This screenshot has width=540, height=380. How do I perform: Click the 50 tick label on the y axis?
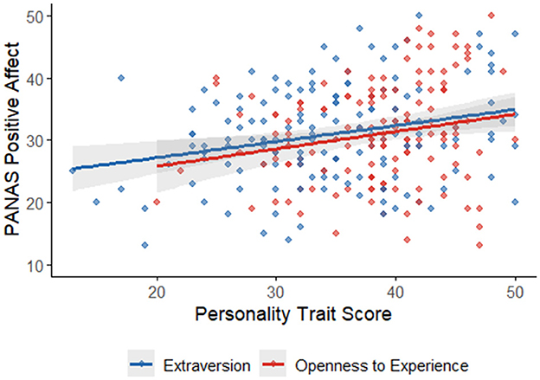[39, 16]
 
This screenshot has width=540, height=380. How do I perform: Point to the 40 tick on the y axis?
[39, 78]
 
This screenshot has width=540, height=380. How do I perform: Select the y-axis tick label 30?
[39, 140]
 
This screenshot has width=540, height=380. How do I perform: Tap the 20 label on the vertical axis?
[39, 203]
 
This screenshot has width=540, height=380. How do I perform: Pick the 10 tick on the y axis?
[39, 265]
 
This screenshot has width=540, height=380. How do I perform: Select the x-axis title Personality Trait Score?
[292, 315]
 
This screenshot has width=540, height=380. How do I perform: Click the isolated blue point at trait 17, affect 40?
[121, 78]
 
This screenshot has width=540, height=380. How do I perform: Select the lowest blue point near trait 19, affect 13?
[145, 245]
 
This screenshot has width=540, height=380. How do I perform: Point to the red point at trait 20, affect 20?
[157, 202]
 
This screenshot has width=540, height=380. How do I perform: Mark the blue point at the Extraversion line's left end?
[73, 171]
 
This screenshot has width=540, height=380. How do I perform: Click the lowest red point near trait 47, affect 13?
[479, 245]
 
